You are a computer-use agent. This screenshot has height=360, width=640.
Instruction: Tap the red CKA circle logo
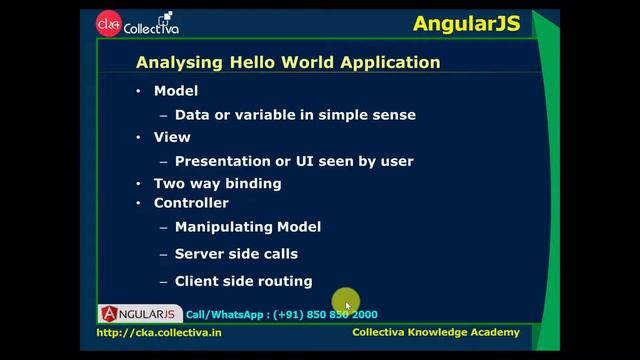[x=107, y=23]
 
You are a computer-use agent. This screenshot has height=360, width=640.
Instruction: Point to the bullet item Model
[x=176, y=91]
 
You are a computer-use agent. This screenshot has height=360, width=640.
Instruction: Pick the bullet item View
[x=171, y=137]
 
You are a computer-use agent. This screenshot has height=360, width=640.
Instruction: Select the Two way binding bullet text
[x=217, y=183]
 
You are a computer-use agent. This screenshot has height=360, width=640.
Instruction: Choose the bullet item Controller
[x=191, y=203]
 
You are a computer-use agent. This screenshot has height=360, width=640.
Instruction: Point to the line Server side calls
[x=236, y=254]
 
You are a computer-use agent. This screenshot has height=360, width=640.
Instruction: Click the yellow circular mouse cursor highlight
[x=346, y=304]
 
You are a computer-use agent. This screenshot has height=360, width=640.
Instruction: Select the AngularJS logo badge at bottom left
[x=140, y=313]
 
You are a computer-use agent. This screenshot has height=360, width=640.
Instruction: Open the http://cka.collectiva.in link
[x=159, y=332]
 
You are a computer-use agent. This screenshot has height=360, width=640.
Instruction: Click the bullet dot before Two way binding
[x=139, y=184]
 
